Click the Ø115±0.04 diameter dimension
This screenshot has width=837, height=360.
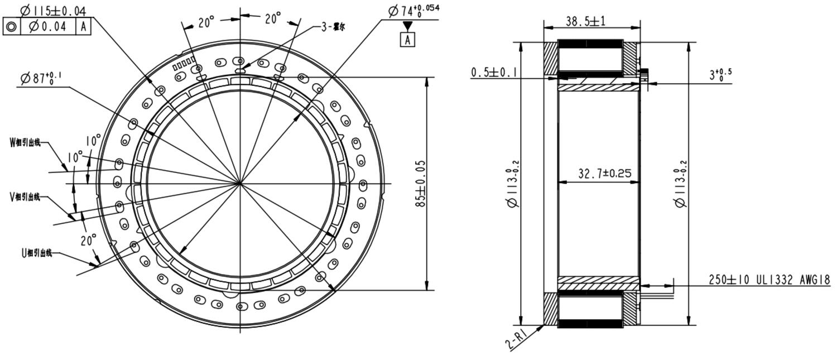coord(53,10)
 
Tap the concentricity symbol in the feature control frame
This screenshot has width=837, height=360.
coord(12,26)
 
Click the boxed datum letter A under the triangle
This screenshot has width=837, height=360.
coord(408,40)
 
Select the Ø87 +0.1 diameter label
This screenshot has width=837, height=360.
coord(41,78)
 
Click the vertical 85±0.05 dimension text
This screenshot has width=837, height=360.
coord(421,184)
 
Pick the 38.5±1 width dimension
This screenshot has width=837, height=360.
coord(585,21)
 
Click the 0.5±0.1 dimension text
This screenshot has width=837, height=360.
coord(494,72)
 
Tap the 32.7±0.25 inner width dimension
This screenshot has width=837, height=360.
coord(604,174)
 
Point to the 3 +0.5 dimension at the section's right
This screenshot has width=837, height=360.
coord(720,75)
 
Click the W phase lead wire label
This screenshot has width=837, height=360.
coord(26,142)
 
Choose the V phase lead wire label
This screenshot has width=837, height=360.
coord(26,196)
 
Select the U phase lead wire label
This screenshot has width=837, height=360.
coord(37,253)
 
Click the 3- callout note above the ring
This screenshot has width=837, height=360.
coord(333,27)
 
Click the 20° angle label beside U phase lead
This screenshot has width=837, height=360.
coord(88,240)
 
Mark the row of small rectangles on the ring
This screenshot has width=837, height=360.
coord(184,63)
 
